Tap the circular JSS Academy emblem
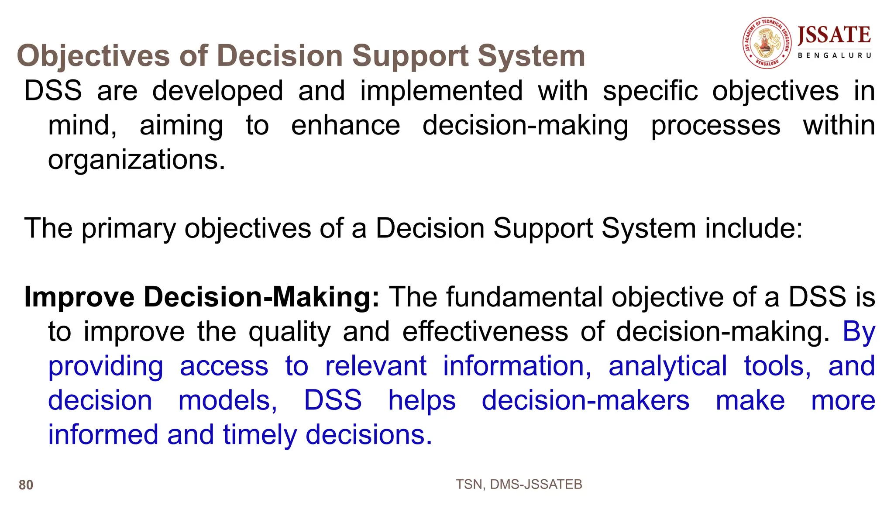point(767,43)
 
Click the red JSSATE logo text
point(834,35)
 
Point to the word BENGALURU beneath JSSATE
point(834,56)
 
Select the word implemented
point(441,91)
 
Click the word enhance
point(345,125)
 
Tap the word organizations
point(136,160)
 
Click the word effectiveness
point(485,331)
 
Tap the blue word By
point(859,331)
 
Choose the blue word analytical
point(668,366)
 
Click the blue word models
point(228,400)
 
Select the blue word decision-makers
point(585,400)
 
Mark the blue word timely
point(260,435)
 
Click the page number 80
point(26,485)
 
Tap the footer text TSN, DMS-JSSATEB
point(519,485)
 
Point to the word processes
point(715,125)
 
